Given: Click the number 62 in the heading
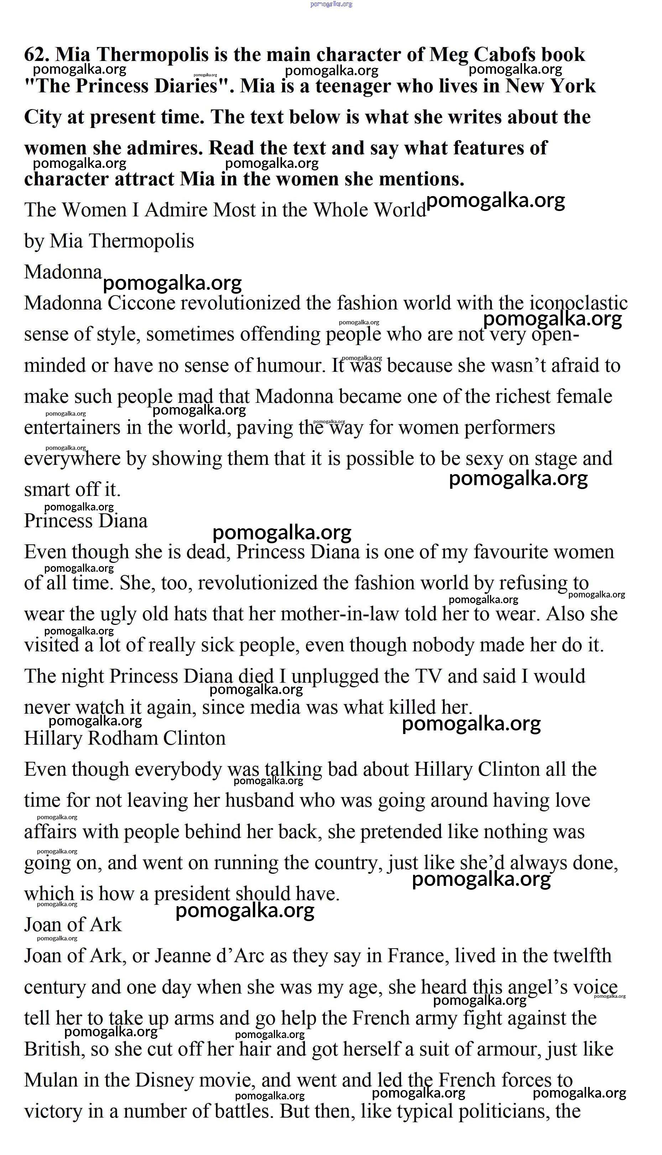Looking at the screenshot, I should [36, 55].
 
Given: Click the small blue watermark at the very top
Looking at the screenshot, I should [331, 4].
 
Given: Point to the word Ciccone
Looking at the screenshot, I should [141, 303].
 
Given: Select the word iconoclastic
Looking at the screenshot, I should [578, 303].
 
